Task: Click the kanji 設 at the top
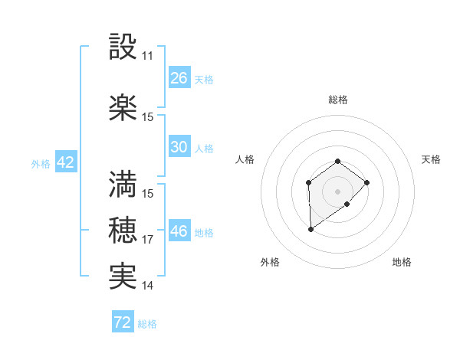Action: [123, 48]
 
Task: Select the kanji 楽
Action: [123, 108]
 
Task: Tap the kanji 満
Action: [123, 185]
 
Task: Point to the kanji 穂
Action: [123, 231]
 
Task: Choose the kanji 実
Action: [123, 277]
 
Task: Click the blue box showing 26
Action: [179, 78]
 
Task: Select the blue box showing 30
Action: [179, 147]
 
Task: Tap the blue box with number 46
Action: [179, 231]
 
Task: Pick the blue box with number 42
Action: [65, 162]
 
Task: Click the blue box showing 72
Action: [123, 322]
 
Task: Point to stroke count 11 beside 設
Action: [147, 57]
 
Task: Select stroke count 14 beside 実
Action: [147, 286]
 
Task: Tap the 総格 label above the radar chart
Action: [338, 100]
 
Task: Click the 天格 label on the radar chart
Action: [431, 159]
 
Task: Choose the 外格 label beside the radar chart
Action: [270, 262]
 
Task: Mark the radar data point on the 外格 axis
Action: [310, 229]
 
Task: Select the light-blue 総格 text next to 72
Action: [147, 324]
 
